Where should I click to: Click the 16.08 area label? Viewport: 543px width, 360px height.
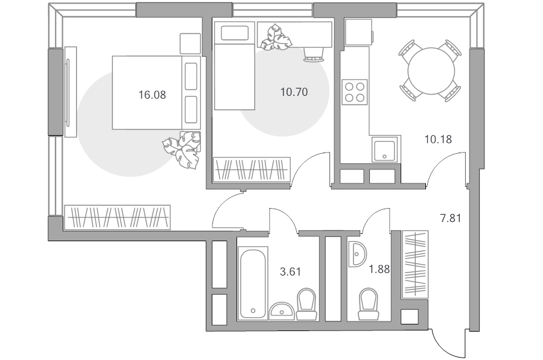click(x=152, y=95)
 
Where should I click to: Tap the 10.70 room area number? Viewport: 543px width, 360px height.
click(x=294, y=92)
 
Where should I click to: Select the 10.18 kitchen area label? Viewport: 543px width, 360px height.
click(x=438, y=139)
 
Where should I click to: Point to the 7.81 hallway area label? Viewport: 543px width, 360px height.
click(x=450, y=218)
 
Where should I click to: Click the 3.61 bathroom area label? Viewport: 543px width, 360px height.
click(x=290, y=272)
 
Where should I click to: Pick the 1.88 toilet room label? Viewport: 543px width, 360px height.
click(x=379, y=269)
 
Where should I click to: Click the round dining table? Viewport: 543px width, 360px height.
click(x=431, y=71)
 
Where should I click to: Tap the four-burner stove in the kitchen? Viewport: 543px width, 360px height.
click(x=355, y=92)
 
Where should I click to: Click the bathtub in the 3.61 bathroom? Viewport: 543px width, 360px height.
click(x=253, y=282)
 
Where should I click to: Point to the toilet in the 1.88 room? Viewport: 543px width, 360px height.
click(x=368, y=305)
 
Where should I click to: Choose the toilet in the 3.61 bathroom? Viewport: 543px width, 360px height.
click(x=306, y=304)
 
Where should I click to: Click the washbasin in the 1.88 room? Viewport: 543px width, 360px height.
click(x=357, y=254)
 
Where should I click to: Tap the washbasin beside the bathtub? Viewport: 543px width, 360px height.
click(x=282, y=311)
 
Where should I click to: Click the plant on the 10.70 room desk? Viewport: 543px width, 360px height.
click(x=276, y=37)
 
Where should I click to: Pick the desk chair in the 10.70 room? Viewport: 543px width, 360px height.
click(x=314, y=54)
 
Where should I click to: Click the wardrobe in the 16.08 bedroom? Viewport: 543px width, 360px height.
click(x=118, y=217)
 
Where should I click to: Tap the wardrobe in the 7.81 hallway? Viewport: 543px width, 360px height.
click(x=414, y=265)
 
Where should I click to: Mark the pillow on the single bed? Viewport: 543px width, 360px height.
click(x=235, y=33)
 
